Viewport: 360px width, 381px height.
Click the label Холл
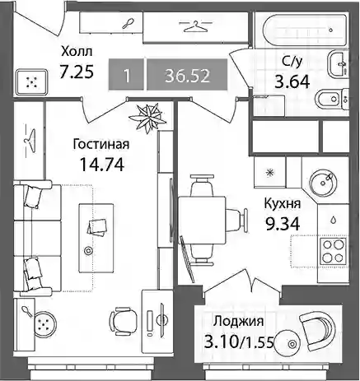77,51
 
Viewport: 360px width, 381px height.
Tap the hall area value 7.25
77,72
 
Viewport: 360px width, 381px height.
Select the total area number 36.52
187,76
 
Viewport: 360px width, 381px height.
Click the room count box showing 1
126,75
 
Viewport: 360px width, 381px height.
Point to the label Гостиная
101,144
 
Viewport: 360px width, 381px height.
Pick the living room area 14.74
101,164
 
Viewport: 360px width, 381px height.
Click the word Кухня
283,204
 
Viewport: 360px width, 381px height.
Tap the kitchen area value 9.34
282,223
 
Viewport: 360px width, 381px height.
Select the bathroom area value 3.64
292,81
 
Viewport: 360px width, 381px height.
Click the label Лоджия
239,322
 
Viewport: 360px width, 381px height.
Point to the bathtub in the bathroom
304,30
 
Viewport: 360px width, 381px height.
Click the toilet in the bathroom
333,99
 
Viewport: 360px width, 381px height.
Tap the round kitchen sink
323,181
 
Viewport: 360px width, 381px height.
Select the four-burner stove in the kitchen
333,251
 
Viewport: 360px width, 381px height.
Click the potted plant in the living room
148,118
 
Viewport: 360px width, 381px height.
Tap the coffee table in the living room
96,238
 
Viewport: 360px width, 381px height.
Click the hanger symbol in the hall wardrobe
195,26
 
